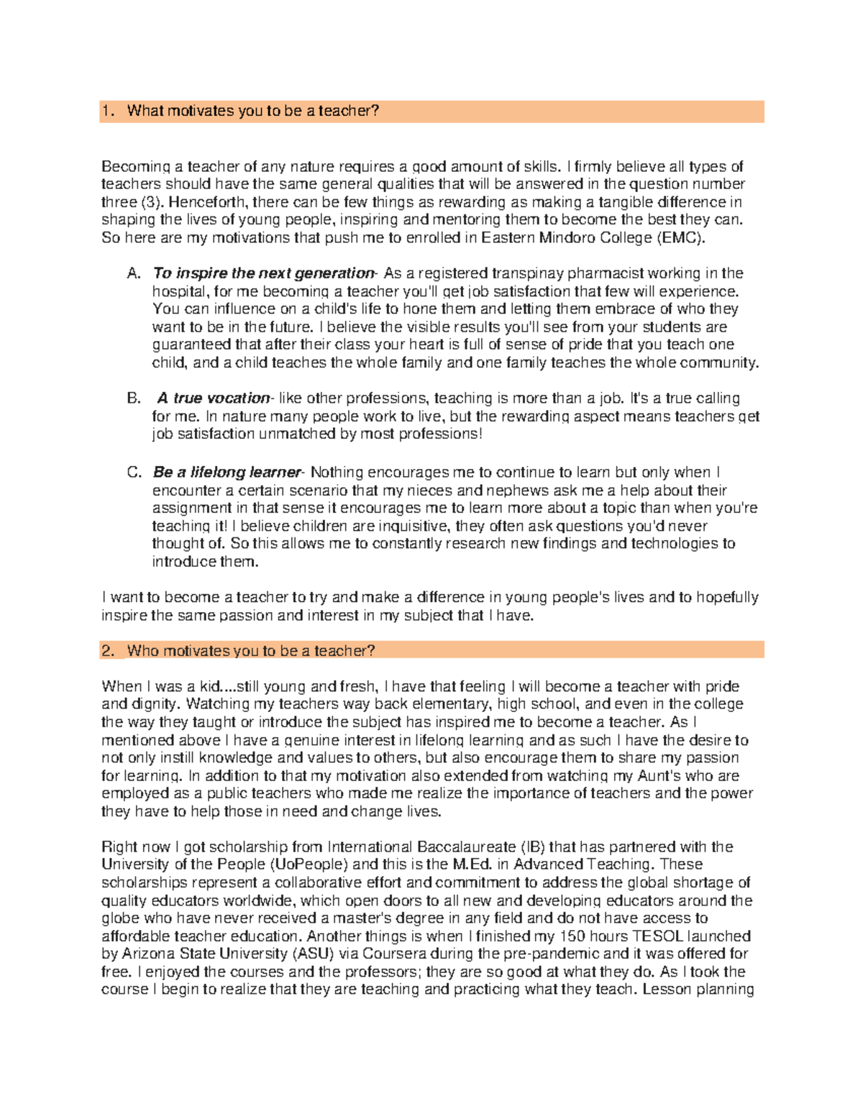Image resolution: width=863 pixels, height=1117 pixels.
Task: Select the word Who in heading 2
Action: click(x=142, y=651)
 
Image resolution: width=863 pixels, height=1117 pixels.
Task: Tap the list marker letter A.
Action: click(x=133, y=273)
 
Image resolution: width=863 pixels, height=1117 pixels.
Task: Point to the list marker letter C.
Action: click(x=134, y=473)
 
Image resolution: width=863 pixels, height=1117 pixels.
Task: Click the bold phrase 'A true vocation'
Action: click(x=213, y=398)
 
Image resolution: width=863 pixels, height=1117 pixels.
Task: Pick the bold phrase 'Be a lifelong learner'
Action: click(x=227, y=473)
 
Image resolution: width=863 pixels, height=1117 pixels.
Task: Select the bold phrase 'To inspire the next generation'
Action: click(x=263, y=273)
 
